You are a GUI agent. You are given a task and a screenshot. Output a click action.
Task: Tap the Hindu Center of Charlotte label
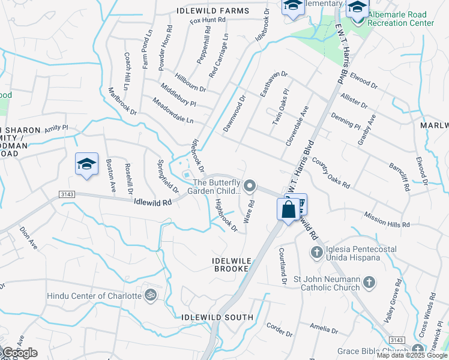pyautogui.click(x=94, y=295)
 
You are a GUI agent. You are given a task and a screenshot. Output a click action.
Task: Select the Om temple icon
pyautogui.click(x=151, y=295)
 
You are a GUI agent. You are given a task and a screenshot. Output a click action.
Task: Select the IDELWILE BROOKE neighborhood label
pyautogui.click(x=230, y=265)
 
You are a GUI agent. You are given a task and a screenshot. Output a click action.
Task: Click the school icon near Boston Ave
pyautogui.click(x=86, y=164)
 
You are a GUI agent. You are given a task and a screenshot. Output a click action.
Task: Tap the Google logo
pyautogui.click(x=20, y=353)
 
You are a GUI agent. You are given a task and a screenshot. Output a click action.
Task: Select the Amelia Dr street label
pyautogui.click(x=325, y=329)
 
